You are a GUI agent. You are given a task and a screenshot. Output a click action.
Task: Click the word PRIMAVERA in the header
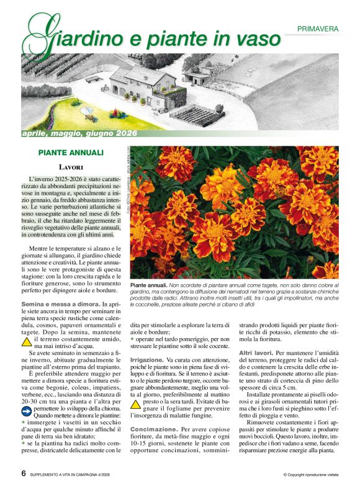click(318, 29)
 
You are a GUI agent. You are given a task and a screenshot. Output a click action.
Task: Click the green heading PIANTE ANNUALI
click(71, 152)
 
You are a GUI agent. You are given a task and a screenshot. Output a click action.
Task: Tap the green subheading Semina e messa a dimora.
click(60, 303)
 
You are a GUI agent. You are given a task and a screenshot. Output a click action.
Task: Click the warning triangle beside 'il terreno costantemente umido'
click(27, 342)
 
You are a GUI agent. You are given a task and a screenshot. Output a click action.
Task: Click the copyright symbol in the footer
click(285, 475)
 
